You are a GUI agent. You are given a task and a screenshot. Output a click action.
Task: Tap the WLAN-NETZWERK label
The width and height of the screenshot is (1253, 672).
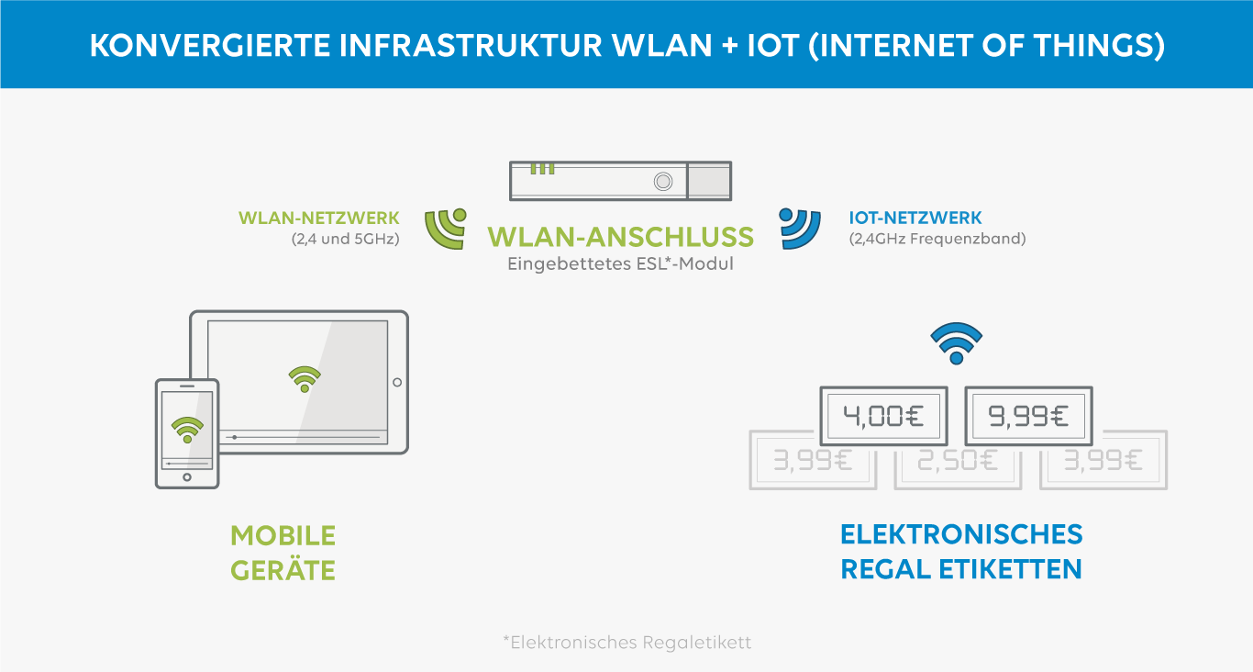click(x=319, y=218)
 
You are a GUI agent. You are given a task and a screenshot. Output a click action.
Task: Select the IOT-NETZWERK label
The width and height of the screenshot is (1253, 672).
click(x=915, y=218)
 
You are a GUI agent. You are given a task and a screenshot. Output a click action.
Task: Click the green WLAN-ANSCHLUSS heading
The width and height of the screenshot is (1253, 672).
click(x=621, y=237)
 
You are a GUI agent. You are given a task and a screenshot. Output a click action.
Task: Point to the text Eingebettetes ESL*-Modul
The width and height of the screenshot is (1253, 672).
click(x=621, y=264)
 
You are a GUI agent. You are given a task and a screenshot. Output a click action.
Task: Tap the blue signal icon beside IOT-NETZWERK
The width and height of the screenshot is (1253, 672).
click(x=799, y=229)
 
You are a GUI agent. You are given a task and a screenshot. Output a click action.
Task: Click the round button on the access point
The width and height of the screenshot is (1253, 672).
click(x=662, y=182)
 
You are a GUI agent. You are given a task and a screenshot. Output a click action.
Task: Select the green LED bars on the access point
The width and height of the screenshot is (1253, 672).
click(x=542, y=169)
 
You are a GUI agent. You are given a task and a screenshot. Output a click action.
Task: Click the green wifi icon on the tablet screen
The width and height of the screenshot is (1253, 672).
click(x=305, y=378)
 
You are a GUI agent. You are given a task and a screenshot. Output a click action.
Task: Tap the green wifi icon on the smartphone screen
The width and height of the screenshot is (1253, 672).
click(x=187, y=429)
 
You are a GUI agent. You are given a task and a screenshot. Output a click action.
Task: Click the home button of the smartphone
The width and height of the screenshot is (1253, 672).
click(x=187, y=477)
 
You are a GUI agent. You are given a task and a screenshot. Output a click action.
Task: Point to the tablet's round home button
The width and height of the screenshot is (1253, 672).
click(x=397, y=382)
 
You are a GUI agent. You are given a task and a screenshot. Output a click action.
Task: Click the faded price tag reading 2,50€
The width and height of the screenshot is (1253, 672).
click(x=958, y=460)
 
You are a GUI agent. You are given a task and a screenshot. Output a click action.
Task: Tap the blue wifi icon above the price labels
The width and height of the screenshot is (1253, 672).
click(x=956, y=343)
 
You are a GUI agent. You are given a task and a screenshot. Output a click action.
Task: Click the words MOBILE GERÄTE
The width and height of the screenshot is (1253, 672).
click(x=283, y=553)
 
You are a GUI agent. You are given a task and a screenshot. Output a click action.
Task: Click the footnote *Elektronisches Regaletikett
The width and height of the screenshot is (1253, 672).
click(x=626, y=643)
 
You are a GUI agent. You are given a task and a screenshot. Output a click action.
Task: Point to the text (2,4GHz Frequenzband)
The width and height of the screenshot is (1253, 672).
click(x=937, y=239)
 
